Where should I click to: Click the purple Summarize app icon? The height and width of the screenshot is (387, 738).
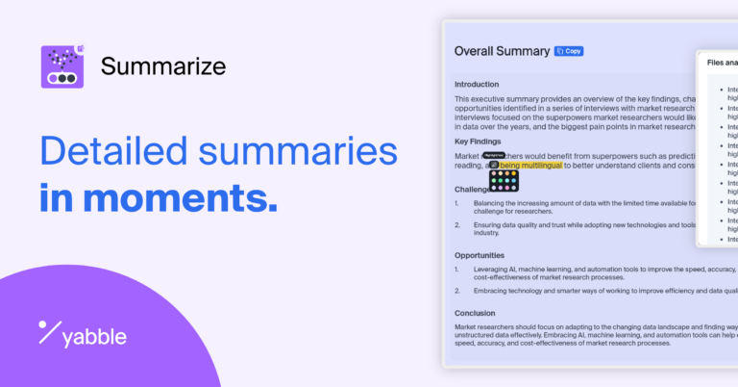(x=63, y=66)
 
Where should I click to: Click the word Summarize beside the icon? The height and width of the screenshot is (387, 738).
(x=163, y=66)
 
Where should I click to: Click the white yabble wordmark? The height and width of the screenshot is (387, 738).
(x=93, y=337)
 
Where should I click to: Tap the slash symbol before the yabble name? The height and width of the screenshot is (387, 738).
(x=49, y=333)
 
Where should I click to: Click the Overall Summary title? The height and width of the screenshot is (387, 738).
(x=501, y=51)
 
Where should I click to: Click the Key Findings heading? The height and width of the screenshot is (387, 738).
(x=478, y=142)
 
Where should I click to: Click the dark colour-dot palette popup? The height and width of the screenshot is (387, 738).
(x=504, y=180)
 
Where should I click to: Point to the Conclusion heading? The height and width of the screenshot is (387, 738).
(x=475, y=313)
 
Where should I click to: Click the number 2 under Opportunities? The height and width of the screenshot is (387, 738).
(x=458, y=290)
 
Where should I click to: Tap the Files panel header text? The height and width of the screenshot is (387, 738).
(x=721, y=63)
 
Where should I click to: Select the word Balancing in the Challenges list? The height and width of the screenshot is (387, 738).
(x=493, y=203)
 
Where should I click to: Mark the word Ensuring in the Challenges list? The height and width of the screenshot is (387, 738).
(x=491, y=225)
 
